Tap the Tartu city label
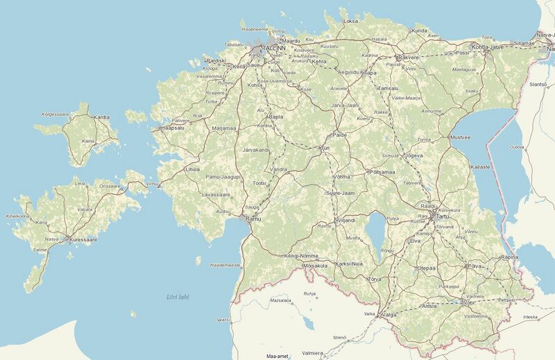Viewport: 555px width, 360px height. pos(442,217)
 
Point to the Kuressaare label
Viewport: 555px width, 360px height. pos(81,240)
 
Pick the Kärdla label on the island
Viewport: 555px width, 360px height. pos(101,117)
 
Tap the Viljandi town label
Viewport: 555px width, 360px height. pos(345,220)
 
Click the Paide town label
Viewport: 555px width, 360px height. pos(340,135)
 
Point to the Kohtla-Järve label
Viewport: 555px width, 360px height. pos(486,46)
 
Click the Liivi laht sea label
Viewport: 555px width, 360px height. pos(178,297)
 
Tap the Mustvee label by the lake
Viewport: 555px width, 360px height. pos(460,137)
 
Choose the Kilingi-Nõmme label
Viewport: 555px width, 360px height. pos(301,256)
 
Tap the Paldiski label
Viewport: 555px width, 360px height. pos(216,61)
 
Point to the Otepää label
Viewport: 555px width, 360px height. pos(426,267)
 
